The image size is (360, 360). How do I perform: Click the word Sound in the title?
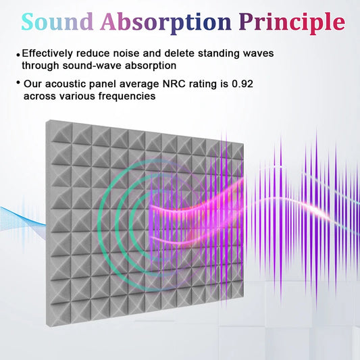57,22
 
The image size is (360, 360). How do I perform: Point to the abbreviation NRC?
157,84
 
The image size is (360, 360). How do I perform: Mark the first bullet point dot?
18,55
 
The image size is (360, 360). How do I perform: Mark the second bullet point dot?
18,84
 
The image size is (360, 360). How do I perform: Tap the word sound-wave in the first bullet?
91,66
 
